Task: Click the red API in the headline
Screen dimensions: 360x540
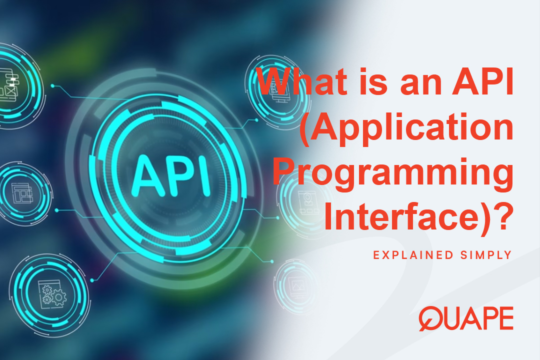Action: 483,85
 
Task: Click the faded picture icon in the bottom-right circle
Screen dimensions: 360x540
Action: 298,283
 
